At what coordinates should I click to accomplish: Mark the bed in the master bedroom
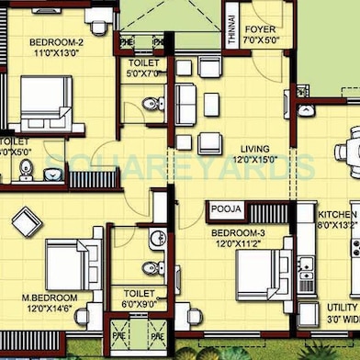point(68,266)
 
